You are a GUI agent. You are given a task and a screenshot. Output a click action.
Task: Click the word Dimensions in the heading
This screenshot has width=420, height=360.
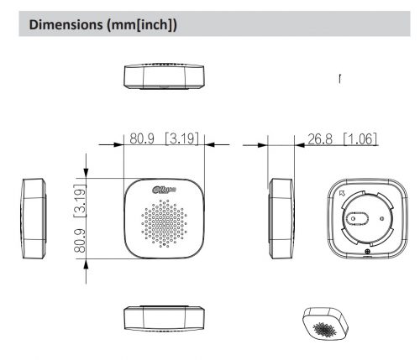click(x=66, y=24)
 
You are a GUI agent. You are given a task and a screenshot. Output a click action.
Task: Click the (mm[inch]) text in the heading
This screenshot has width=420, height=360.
click(x=142, y=25)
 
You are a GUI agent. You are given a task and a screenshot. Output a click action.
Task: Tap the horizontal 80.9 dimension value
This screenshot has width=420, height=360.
click(x=142, y=138)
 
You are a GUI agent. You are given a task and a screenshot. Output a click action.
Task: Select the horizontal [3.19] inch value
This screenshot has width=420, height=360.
click(x=182, y=138)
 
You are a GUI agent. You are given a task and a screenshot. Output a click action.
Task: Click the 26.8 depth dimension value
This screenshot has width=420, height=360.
click(x=320, y=139)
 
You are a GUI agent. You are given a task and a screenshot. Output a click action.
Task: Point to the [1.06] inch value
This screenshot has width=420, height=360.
click(x=360, y=139)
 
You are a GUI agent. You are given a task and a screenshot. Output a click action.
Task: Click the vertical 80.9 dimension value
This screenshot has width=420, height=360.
click(x=81, y=241)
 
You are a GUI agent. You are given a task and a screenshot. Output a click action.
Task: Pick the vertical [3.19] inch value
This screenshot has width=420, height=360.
click(x=81, y=201)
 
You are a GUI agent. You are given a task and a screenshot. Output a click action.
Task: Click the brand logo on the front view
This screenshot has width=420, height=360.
click(x=165, y=190)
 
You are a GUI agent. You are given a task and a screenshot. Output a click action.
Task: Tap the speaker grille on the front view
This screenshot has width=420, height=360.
click(x=165, y=223)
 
